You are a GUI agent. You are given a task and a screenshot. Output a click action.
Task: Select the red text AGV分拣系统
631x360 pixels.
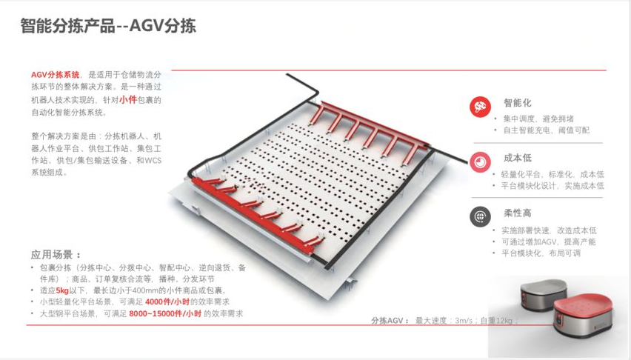(x=56, y=74)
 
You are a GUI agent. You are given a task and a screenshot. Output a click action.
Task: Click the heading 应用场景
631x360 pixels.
(x=56, y=254)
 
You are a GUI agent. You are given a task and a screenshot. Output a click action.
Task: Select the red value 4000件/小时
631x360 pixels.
(x=167, y=302)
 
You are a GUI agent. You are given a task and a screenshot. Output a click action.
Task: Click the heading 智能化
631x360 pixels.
(x=518, y=103)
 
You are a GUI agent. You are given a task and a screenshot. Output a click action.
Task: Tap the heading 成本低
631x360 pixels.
(x=518, y=159)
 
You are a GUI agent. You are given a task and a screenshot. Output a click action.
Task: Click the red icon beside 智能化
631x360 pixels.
(x=480, y=107)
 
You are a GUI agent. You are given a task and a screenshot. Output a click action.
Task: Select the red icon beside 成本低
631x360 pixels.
(x=480, y=162)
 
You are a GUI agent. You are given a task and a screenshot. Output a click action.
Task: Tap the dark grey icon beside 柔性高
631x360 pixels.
(x=480, y=216)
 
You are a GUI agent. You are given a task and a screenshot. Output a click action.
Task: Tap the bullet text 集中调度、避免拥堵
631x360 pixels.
(x=538, y=119)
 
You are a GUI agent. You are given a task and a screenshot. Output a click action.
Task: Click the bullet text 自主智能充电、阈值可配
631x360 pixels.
(x=547, y=130)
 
